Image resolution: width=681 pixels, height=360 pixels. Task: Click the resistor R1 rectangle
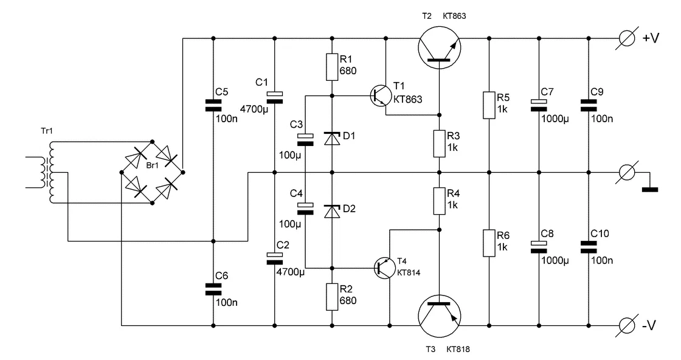(x=332, y=67)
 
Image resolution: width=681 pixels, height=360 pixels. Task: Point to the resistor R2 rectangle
(x=332, y=296)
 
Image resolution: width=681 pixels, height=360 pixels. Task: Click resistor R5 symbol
(x=489, y=105)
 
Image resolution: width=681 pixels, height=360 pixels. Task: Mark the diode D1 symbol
(x=332, y=139)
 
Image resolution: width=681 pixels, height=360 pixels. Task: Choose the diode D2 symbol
(x=332, y=211)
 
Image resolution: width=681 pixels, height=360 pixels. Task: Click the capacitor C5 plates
(x=213, y=105)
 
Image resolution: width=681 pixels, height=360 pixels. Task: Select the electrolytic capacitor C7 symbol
(x=538, y=105)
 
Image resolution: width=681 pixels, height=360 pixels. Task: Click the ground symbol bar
(x=650, y=189)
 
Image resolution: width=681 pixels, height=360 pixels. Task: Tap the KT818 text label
(x=458, y=349)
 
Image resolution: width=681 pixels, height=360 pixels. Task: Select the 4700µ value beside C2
(x=289, y=272)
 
